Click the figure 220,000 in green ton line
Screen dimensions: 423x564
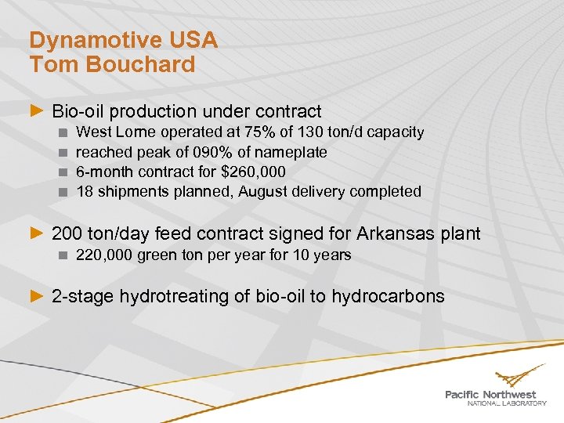tap(105, 255)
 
